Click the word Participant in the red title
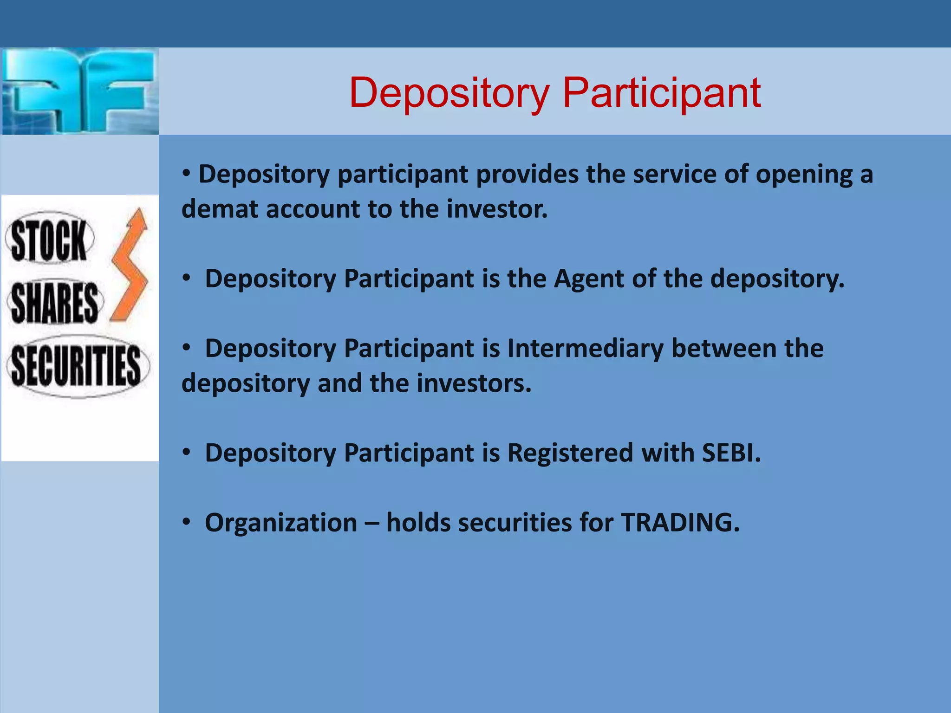tap(661, 93)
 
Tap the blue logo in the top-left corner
tap(79, 91)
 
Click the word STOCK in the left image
tap(49, 240)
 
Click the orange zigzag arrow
tap(130, 267)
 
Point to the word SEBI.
tap(731, 453)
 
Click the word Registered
tap(570, 453)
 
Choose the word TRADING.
tap(680, 522)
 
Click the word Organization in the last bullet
tap(281, 522)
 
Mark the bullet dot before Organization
tap(186, 522)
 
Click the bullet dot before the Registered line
tap(186, 453)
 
